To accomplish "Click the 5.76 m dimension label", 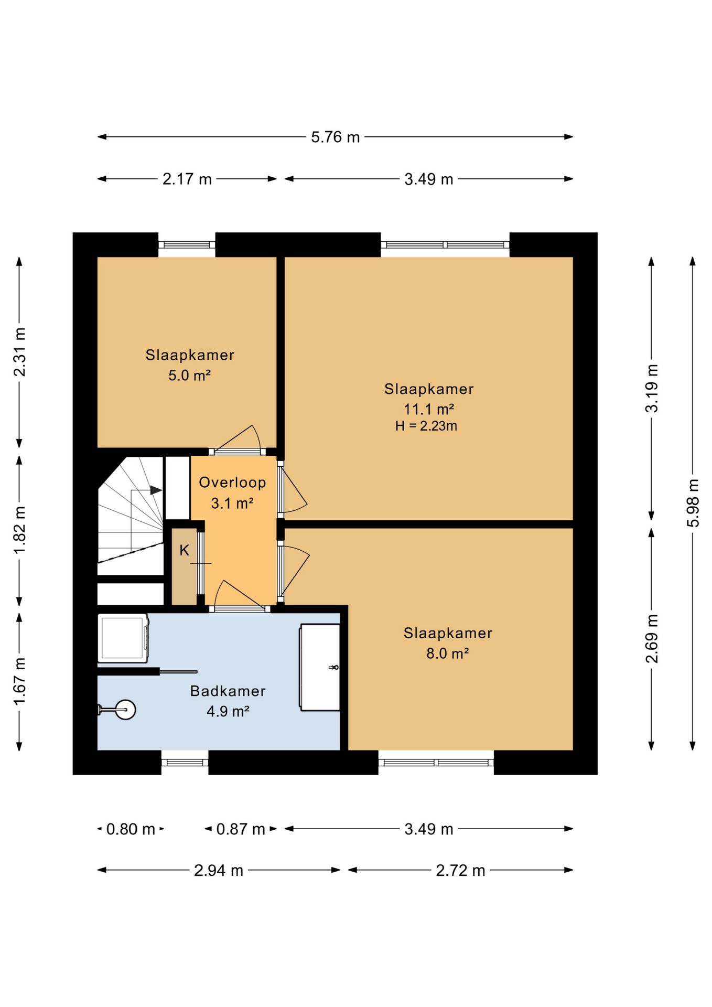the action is click(x=335, y=137).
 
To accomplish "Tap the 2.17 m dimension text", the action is click(x=187, y=179).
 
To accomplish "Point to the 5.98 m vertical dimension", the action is click(x=693, y=503).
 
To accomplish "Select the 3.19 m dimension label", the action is click(x=652, y=388).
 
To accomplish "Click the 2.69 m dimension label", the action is click(x=652, y=639).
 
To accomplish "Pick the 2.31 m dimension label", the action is click(x=19, y=352).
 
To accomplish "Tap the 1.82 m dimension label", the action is click(x=19, y=530).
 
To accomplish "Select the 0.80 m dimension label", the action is click(x=131, y=829).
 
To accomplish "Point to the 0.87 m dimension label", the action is click(x=241, y=829).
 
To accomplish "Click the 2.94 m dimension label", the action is click(x=219, y=871).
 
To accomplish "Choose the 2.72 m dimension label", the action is click(x=460, y=871).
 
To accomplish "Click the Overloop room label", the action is click(x=232, y=483).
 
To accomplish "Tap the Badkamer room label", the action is click(x=228, y=691).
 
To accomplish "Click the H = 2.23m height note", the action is click(x=426, y=426).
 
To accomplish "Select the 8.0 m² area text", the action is click(x=447, y=654).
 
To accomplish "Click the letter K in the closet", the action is click(x=184, y=550).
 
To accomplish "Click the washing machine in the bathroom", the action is click(x=123, y=638).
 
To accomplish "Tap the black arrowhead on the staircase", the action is click(x=156, y=490).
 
